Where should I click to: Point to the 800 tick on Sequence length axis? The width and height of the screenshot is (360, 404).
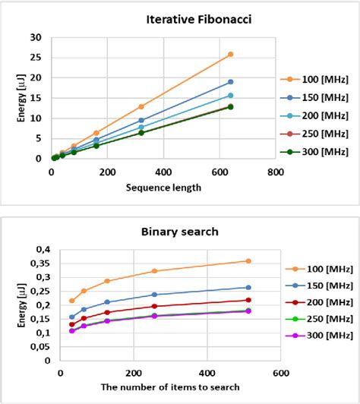pos(275,172)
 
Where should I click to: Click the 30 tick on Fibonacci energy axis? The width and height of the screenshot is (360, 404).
pos(36,37)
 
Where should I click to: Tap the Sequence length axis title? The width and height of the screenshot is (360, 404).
pos(163,188)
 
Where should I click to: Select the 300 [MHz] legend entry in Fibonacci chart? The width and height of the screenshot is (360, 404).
pos(318,151)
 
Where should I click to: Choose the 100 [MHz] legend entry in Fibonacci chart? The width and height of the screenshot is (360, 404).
pos(318,79)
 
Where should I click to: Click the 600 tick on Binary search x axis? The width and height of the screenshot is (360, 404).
pos(280,373)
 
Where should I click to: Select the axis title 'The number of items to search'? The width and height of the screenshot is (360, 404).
pos(170,387)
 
